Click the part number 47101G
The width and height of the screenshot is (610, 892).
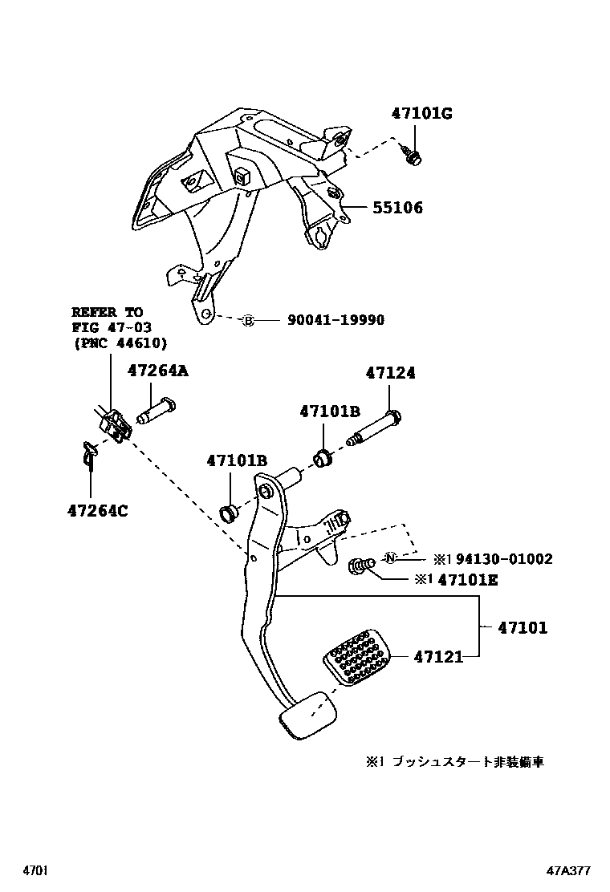421,114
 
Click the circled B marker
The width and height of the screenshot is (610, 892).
248,321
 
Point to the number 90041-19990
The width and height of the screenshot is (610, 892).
335,321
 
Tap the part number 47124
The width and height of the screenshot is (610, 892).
391,374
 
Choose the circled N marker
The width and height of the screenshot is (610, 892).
390,558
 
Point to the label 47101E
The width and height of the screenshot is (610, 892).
468,580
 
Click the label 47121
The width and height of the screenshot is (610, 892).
438,657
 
